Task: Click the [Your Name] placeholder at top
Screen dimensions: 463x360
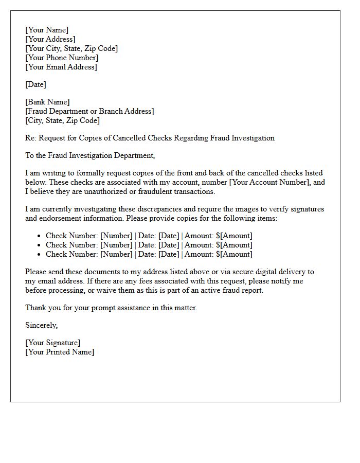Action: click(47, 30)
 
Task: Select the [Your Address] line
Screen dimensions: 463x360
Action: click(50, 39)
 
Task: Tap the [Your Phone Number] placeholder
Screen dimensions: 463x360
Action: click(62, 58)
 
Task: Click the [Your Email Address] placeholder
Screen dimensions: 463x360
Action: click(61, 67)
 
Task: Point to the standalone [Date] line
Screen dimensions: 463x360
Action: click(35, 84)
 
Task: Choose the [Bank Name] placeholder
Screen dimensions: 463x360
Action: click(47, 102)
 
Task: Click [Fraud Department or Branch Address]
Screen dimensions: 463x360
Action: click(89, 111)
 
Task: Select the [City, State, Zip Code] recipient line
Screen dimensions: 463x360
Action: click(62, 120)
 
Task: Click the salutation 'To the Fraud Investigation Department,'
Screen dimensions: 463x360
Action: click(90, 155)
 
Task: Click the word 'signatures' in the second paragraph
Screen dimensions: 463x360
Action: click(306, 209)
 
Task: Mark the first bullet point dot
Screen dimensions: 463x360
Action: click(39, 236)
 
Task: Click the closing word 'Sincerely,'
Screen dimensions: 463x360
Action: click(42, 325)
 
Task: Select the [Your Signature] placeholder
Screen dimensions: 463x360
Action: click(52, 343)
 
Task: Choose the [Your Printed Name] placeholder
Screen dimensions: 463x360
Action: click(60, 352)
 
